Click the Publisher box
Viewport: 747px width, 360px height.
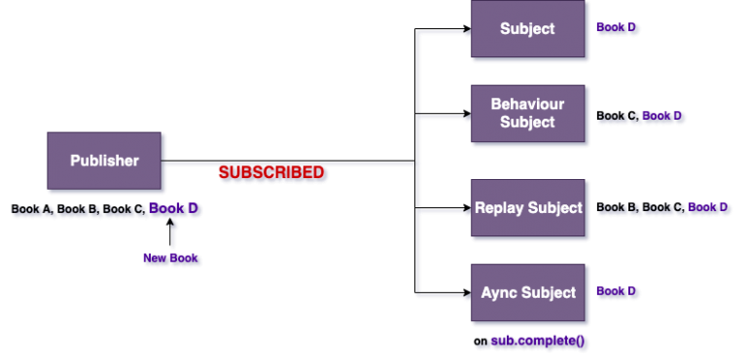(x=104, y=161)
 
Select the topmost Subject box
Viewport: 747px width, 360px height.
(x=528, y=29)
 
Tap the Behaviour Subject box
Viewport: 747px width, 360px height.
(x=528, y=114)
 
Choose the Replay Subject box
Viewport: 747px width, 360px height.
(x=528, y=208)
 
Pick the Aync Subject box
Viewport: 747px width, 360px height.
(x=528, y=293)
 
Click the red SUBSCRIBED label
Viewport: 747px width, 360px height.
(x=271, y=172)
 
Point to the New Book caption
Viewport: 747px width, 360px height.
(x=172, y=259)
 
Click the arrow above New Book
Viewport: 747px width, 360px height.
(x=173, y=234)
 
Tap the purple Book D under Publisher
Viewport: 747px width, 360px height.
(x=176, y=209)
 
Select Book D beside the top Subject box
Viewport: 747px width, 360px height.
(x=618, y=29)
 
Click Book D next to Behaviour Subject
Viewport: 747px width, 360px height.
(x=663, y=117)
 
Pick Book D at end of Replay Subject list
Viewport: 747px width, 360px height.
(x=709, y=208)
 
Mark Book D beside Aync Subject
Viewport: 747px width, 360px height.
(x=618, y=292)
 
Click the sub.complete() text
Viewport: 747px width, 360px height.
(x=539, y=342)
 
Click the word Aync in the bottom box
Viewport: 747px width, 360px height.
(x=501, y=293)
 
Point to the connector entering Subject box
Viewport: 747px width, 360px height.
(x=445, y=31)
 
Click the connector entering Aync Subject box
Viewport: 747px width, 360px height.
(x=445, y=291)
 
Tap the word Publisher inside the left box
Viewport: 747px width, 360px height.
(x=104, y=161)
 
